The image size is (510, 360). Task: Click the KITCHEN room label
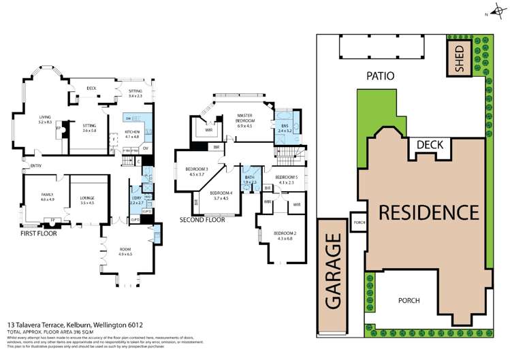click(x=132, y=134)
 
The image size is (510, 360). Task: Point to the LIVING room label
click(x=45, y=118)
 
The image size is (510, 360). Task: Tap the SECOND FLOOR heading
click(x=202, y=220)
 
